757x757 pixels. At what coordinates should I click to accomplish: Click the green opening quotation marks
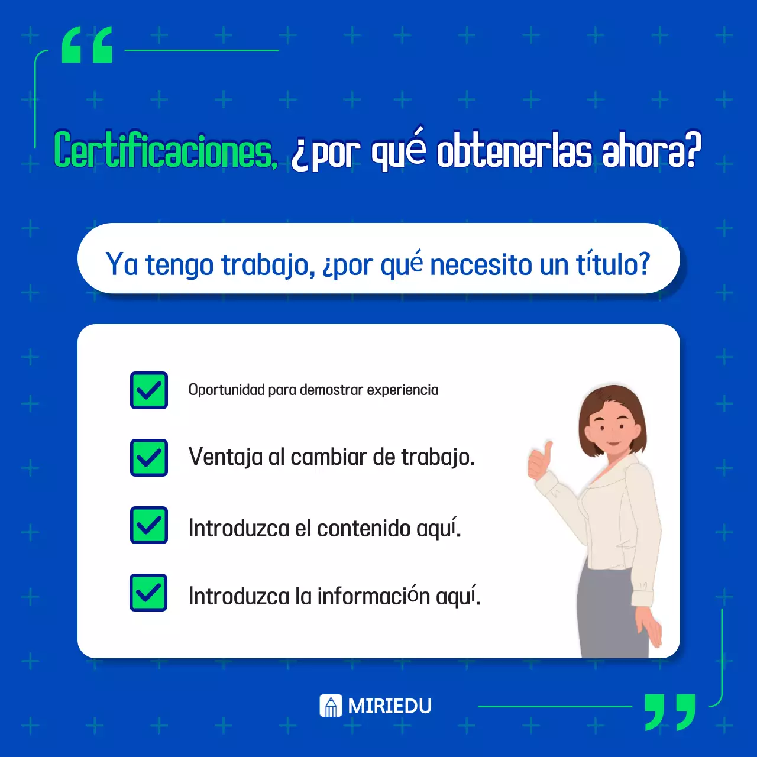tap(87, 45)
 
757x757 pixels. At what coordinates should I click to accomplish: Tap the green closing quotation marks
tap(669, 711)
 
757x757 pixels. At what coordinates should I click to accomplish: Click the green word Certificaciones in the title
tap(165, 150)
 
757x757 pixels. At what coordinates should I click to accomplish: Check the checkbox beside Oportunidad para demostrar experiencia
tap(149, 390)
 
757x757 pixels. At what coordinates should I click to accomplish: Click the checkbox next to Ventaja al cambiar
tap(149, 458)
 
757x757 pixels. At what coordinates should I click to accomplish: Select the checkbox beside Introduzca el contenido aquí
tap(149, 525)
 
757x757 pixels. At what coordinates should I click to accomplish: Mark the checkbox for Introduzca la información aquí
tap(149, 593)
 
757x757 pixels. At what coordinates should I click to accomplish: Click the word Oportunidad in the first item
tap(227, 390)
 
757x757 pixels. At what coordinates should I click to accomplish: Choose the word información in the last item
tap(373, 596)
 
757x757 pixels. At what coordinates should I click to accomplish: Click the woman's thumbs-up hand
tap(540, 461)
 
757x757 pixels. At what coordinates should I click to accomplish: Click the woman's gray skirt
tap(609, 615)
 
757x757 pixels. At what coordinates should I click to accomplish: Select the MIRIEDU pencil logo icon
tap(331, 706)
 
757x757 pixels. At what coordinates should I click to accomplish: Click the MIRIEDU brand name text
tap(390, 706)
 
